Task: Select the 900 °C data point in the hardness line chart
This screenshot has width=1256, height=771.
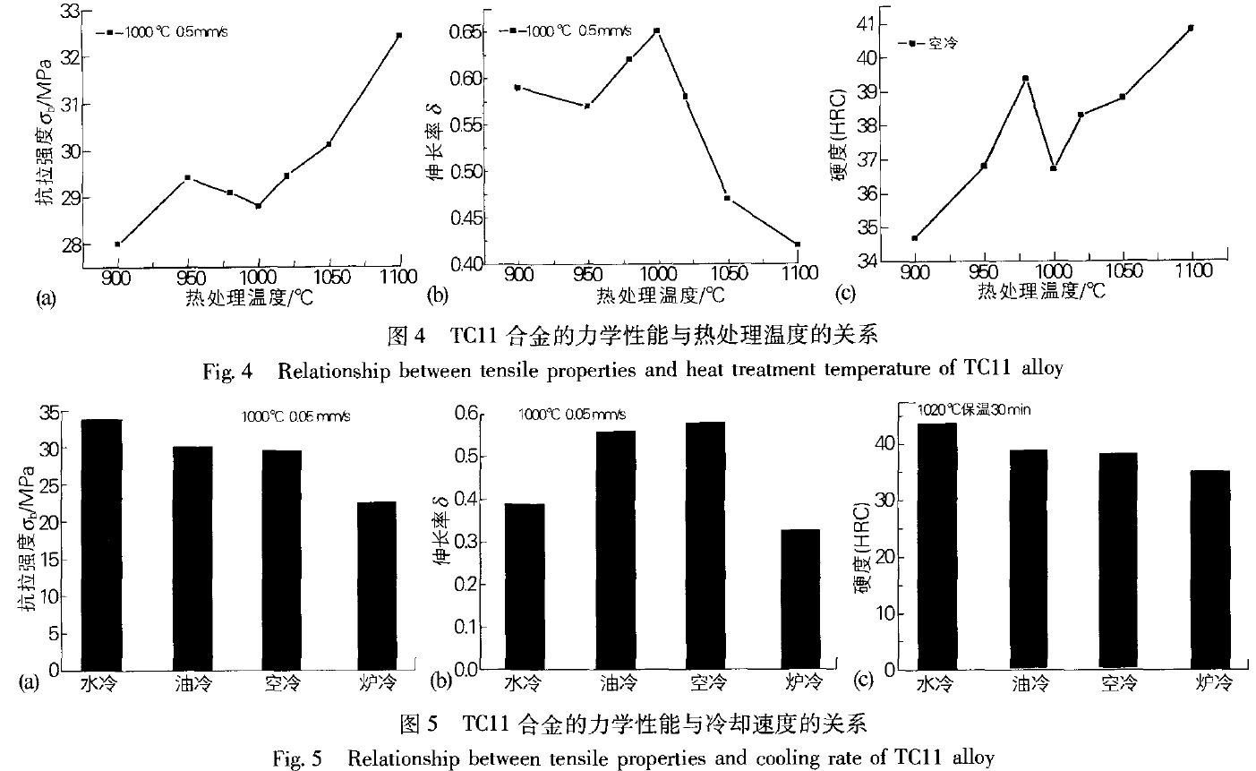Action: (x=914, y=237)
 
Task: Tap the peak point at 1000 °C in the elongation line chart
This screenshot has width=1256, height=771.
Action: (x=657, y=30)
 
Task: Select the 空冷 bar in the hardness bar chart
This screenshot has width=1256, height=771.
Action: (x=1117, y=561)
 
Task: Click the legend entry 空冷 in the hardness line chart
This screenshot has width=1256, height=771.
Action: (x=944, y=43)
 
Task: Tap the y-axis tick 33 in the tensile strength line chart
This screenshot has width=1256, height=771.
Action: (x=68, y=11)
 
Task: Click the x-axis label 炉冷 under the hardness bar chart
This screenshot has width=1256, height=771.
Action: (x=1214, y=685)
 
